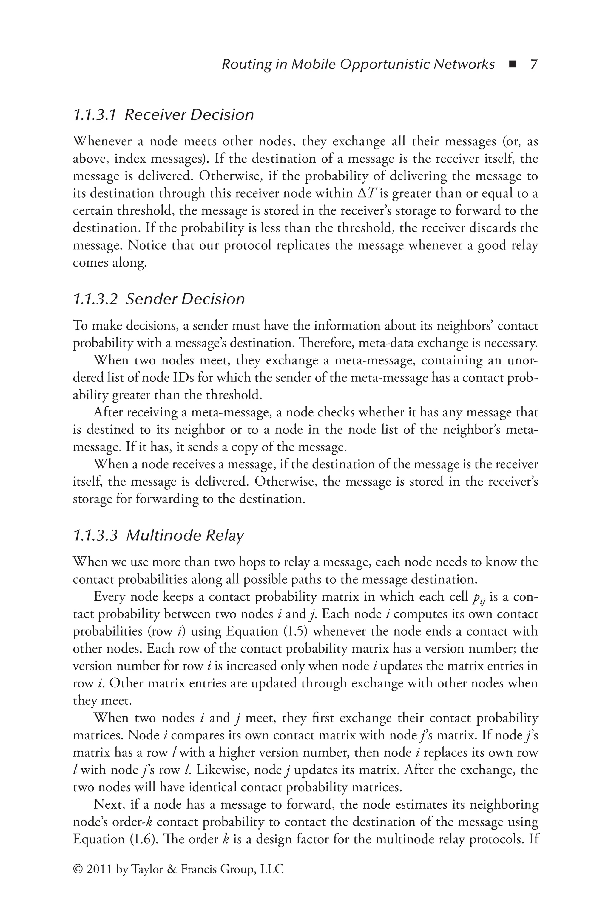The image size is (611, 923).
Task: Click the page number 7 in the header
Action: pos(534,64)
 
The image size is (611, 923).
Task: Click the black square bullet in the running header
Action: pos(513,65)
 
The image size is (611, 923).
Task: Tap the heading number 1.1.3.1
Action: pos(95,115)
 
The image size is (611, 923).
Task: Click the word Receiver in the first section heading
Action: pos(155,115)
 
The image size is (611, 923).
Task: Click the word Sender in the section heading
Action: pos(150,299)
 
